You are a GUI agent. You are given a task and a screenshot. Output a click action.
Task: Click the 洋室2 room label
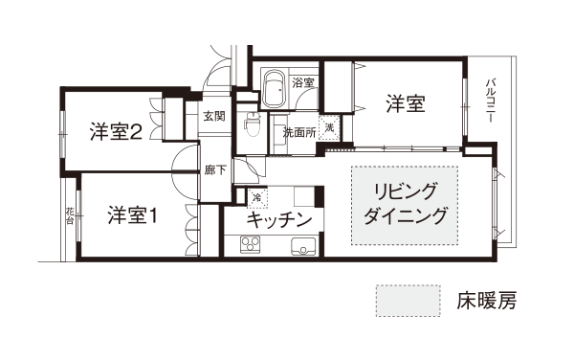point(116,132)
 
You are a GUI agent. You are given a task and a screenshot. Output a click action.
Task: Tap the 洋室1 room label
point(133,215)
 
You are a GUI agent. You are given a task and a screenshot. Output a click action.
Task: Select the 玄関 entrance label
point(214,117)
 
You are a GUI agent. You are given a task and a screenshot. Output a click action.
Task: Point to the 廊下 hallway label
point(215,169)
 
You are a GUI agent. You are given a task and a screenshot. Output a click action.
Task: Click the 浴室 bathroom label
point(303,82)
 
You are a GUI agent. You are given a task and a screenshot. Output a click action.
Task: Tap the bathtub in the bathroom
point(275,89)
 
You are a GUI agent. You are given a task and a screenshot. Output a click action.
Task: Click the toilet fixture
point(252,124)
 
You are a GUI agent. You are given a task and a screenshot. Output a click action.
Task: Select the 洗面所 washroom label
point(299,132)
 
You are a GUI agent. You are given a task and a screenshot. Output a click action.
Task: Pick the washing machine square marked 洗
point(329,127)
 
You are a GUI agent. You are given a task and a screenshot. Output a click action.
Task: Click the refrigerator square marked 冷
point(257,198)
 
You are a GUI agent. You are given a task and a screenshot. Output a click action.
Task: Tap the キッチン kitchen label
point(279,220)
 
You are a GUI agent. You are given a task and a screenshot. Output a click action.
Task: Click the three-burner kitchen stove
point(250,245)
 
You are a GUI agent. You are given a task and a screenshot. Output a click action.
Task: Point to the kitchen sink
point(303,246)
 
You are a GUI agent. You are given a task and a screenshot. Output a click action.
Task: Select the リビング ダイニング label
point(406,204)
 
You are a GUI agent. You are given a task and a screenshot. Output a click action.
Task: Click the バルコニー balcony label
point(490,100)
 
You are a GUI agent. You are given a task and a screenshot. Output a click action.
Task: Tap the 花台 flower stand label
point(70,216)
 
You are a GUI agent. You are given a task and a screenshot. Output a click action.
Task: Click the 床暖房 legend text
point(487,301)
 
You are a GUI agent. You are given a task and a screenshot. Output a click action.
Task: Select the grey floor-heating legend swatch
point(408,301)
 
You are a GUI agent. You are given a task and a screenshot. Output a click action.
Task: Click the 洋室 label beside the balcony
point(406,103)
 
